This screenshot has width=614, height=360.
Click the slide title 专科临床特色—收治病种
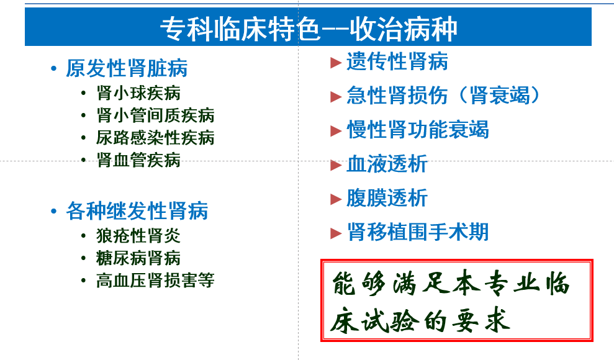pyautogui.click(x=309, y=29)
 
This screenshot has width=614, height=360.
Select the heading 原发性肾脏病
pyautogui.click(x=127, y=68)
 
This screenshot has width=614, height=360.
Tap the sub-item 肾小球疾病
pyautogui.click(x=138, y=93)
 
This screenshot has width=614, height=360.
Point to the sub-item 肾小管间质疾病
pyautogui.click(x=155, y=115)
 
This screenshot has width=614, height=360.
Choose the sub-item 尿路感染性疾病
pyautogui.click(x=155, y=138)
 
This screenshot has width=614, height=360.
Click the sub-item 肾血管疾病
pyautogui.click(x=138, y=160)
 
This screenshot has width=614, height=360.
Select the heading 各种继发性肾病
pyautogui.click(x=137, y=211)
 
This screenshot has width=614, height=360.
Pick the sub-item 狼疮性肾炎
pyautogui.click(x=138, y=236)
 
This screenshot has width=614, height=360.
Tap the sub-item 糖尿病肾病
pyautogui.click(x=138, y=258)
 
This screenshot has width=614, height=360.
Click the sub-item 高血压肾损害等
pyautogui.click(x=155, y=281)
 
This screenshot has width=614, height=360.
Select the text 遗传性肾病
pyautogui.click(x=397, y=61)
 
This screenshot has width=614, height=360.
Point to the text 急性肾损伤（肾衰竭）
pyautogui.click(x=443, y=96)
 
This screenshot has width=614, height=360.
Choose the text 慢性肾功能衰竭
pyautogui.click(x=418, y=130)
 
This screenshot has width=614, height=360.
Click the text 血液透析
pyautogui.click(x=387, y=164)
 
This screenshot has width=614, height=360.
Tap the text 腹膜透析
pyautogui.click(x=387, y=197)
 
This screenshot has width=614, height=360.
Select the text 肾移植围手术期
pyautogui.click(x=418, y=232)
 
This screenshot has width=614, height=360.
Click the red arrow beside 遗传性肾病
pyautogui.click(x=336, y=63)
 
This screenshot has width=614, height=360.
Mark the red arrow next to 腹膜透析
pyautogui.click(x=336, y=199)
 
